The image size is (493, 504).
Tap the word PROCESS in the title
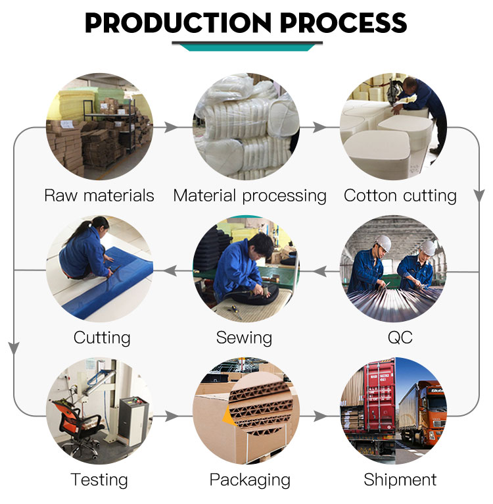click(344, 23)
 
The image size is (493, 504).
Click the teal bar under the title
click(247, 47)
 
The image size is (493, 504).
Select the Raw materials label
click(99, 195)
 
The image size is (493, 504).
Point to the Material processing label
click(250, 196)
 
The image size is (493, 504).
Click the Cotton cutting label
click(400, 196)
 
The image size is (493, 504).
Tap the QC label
click(400, 338)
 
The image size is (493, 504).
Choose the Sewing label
click(244, 338)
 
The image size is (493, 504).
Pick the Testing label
click(99, 480)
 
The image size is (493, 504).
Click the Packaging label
click(250, 480)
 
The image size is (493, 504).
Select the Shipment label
click(400, 480)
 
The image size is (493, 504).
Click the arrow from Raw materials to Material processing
click(170, 127)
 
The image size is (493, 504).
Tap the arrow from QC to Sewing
click(320, 271)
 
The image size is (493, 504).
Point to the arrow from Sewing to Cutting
click(170, 270)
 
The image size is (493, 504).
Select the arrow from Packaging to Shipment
click(320, 416)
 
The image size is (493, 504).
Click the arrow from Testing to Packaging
click(172, 416)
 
